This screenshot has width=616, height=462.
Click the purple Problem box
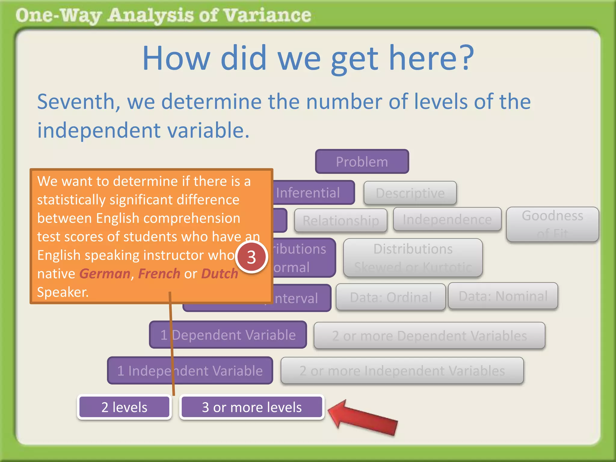362,162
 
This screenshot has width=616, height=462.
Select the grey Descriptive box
410,193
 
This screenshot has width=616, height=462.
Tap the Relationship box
340,220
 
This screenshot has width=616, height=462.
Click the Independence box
447,219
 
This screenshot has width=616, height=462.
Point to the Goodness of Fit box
552,224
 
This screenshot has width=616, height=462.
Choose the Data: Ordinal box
390,297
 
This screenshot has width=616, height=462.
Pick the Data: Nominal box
503,296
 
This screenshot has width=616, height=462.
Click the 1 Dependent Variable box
228,335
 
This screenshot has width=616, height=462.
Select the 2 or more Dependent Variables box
429,336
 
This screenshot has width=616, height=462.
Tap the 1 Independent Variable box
190,371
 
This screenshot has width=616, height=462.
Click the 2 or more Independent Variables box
402,371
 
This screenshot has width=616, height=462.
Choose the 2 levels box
124,407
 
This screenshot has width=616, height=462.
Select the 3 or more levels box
252,407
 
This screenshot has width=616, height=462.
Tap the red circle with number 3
251,257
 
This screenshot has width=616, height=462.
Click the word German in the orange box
105,274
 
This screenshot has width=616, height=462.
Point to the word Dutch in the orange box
220,274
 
